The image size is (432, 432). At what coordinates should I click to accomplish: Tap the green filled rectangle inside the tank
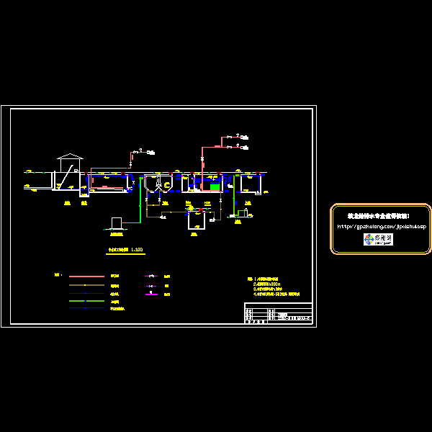pos(215,187)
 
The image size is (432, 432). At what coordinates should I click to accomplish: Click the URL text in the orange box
pos(382,226)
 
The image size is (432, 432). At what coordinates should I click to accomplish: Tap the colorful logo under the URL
pos(378,239)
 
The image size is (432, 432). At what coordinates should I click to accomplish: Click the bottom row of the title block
pos(278,321)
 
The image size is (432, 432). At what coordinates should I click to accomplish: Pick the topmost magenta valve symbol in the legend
pos(151,276)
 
